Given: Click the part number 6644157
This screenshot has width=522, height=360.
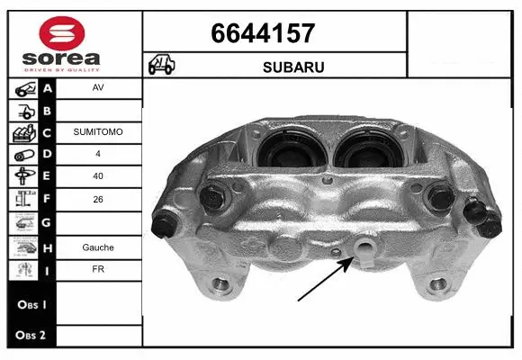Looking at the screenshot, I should pyautogui.click(x=263, y=33).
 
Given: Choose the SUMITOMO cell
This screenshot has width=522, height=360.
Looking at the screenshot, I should pyautogui.click(x=98, y=131).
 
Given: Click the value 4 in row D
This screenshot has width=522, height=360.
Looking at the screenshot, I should pyautogui.click(x=98, y=153).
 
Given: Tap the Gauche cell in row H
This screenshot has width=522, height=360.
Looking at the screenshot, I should pyautogui.click(x=98, y=247).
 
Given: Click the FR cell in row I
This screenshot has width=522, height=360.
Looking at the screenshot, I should pyautogui.click(x=98, y=267).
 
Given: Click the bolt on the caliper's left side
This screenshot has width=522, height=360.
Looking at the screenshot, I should pyautogui.click(x=213, y=196).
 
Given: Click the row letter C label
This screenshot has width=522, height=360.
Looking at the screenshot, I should pyautogui.click(x=48, y=131).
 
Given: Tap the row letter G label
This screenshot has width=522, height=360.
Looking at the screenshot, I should pyautogui.click(x=48, y=220).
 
